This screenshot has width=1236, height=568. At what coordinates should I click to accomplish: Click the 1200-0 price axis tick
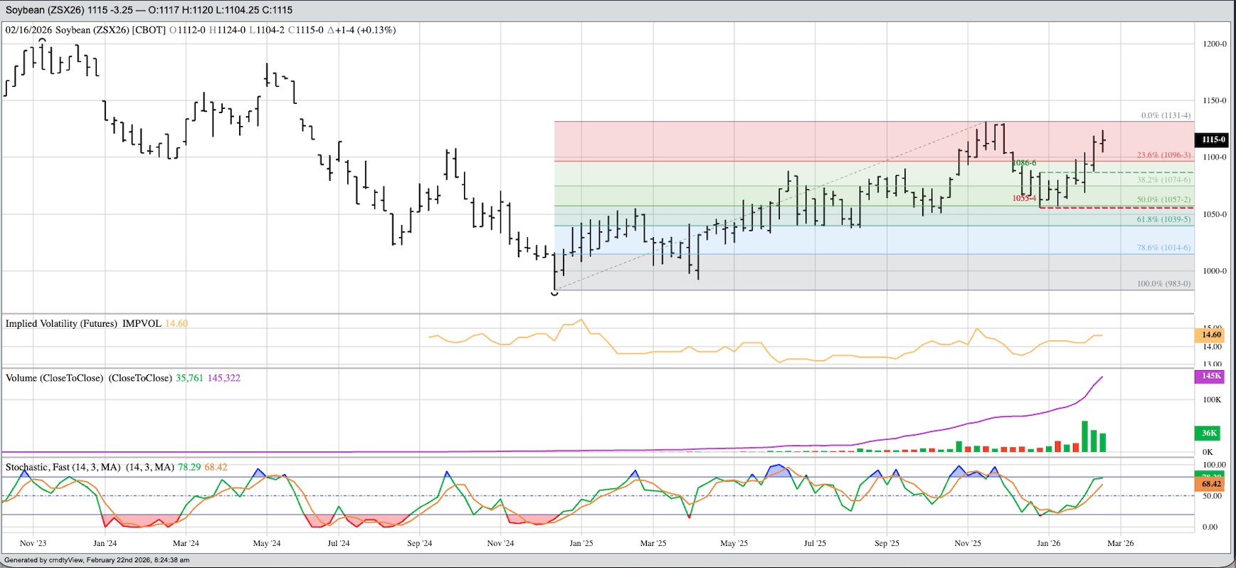(1214, 44)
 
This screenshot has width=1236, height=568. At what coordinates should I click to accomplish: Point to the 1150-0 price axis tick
(1214, 101)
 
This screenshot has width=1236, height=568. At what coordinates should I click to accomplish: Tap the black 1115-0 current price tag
(1213, 140)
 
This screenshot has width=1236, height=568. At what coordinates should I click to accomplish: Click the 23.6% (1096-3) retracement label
(1163, 154)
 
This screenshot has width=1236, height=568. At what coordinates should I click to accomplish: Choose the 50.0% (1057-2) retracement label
(1163, 200)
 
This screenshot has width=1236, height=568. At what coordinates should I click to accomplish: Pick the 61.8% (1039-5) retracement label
(1163, 219)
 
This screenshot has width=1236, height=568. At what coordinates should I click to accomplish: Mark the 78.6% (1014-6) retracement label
(1163, 248)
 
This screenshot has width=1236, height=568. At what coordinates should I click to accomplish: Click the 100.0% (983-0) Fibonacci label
(1163, 283)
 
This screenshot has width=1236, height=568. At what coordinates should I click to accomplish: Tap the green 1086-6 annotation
(1025, 163)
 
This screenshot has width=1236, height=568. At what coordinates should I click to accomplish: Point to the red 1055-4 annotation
(1025, 198)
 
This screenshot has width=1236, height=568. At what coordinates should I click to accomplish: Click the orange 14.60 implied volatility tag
(1211, 335)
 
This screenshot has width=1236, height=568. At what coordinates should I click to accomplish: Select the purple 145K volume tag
(1211, 376)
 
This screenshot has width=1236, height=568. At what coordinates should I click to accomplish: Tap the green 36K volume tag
(1209, 433)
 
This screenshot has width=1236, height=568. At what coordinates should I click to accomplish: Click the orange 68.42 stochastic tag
(1211, 484)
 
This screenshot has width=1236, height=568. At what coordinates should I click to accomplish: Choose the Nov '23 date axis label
(33, 543)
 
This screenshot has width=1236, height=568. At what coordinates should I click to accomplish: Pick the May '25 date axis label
(734, 543)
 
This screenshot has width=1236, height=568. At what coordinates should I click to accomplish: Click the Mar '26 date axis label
(1120, 543)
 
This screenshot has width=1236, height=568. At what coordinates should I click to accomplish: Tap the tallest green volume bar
(1085, 436)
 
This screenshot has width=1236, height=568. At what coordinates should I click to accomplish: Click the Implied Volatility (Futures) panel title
(61, 323)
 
